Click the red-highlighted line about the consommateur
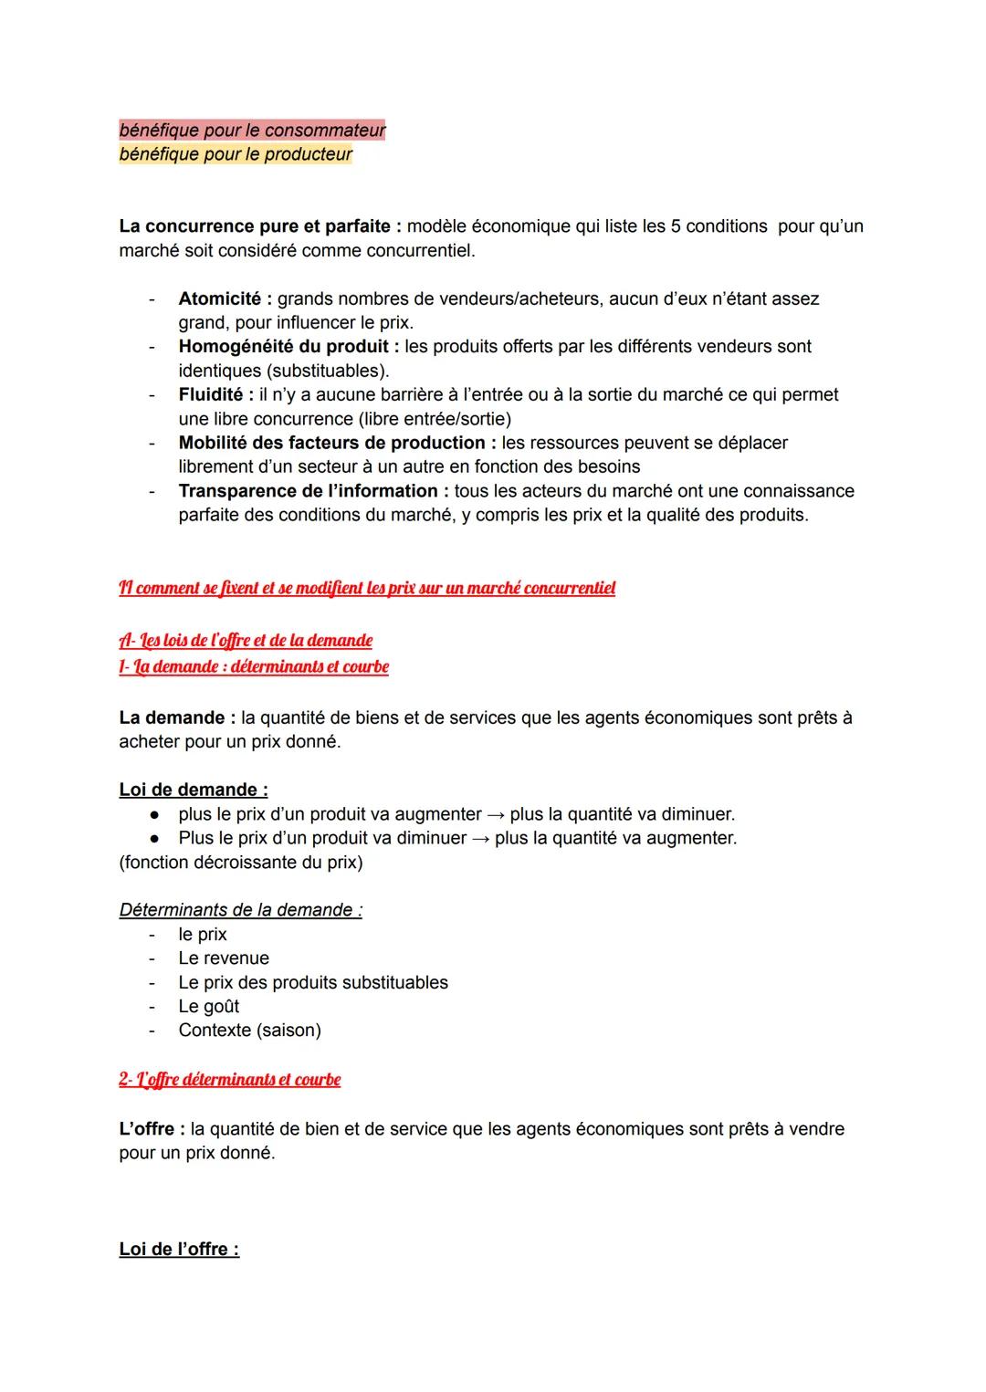(252, 131)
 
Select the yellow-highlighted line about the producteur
(236, 154)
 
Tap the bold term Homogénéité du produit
(285, 347)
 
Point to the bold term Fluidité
(211, 394)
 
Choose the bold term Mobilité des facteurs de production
(332, 443)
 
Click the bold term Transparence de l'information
(308, 491)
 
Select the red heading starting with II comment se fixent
(367, 589)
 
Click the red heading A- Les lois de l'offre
(246, 641)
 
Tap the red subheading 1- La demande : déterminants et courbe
(254, 667)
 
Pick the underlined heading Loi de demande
(193, 790)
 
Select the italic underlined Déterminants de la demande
(240, 910)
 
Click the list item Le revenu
(224, 958)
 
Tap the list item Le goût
(209, 1006)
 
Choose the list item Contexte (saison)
(249, 1031)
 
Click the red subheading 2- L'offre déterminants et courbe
(229, 1080)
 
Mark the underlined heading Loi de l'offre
(179, 1250)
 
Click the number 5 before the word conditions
(676, 226)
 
